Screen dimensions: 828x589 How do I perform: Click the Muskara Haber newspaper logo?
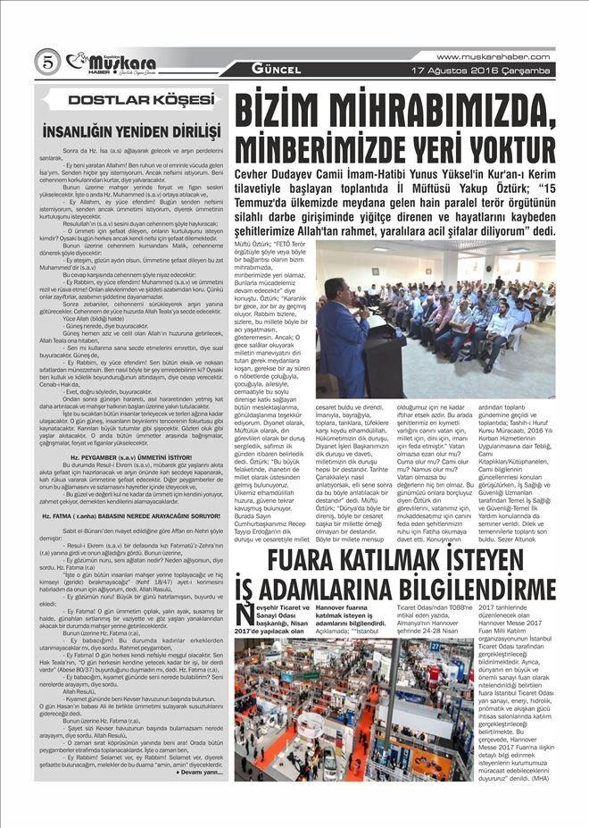coord(112,62)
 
